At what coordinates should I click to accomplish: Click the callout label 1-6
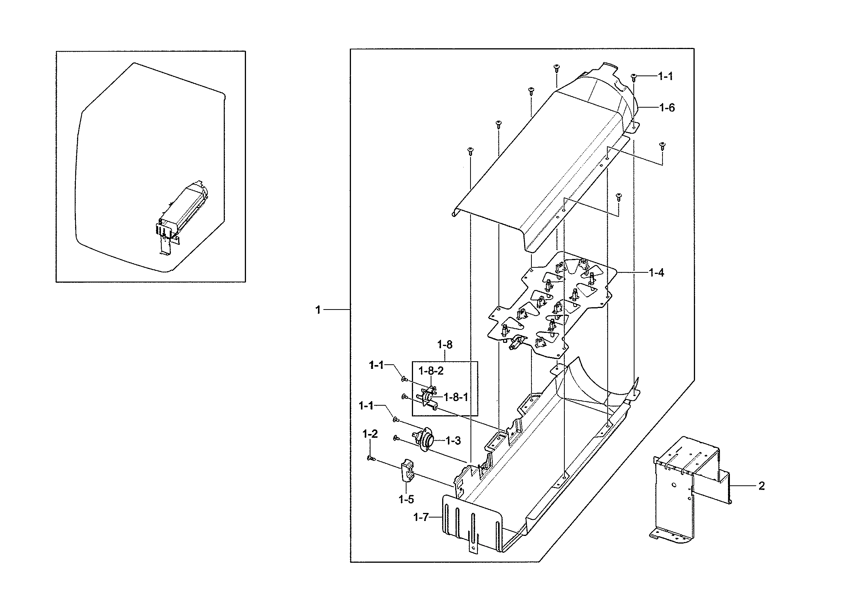(667, 108)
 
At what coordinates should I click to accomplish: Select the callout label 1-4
(656, 273)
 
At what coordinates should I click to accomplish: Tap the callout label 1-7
(420, 518)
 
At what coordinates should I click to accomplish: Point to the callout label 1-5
(406, 499)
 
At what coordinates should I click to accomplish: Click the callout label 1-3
(453, 441)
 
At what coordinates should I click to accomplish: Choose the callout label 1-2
(370, 434)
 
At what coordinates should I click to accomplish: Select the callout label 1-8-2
(431, 371)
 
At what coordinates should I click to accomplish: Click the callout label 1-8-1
(456, 397)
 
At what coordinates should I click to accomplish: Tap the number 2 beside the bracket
(762, 486)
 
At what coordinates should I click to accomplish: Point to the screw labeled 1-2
(371, 458)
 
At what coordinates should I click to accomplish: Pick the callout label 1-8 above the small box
(444, 345)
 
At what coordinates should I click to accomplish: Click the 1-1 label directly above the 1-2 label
(366, 406)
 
